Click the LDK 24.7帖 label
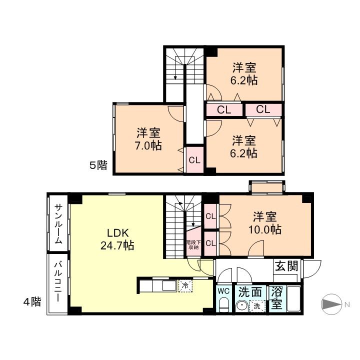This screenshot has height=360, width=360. (x=117, y=239)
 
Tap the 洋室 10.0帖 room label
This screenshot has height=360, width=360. (x=265, y=223)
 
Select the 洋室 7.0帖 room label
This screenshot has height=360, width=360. (x=148, y=139)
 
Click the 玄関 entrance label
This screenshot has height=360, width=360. (x=286, y=266)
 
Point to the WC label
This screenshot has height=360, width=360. (x=223, y=291)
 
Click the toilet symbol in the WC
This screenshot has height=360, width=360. (x=223, y=304)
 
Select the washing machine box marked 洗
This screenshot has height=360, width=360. (x=257, y=306)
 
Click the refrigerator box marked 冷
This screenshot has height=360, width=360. (x=185, y=286)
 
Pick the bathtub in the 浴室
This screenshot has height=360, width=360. (x=293, y=298)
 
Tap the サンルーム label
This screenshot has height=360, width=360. (x=58, y=224)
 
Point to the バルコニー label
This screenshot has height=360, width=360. (x=58, y=282)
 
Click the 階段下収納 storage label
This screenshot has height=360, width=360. (x=193, y=244)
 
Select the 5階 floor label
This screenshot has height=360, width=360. (x=98, y=165)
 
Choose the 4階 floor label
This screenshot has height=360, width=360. (x=32, y=301)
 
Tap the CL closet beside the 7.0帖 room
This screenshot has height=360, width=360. (x=194, y=160)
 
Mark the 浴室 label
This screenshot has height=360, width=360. (x=276, y=298)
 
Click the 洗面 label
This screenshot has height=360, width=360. (x=250, y=292)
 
